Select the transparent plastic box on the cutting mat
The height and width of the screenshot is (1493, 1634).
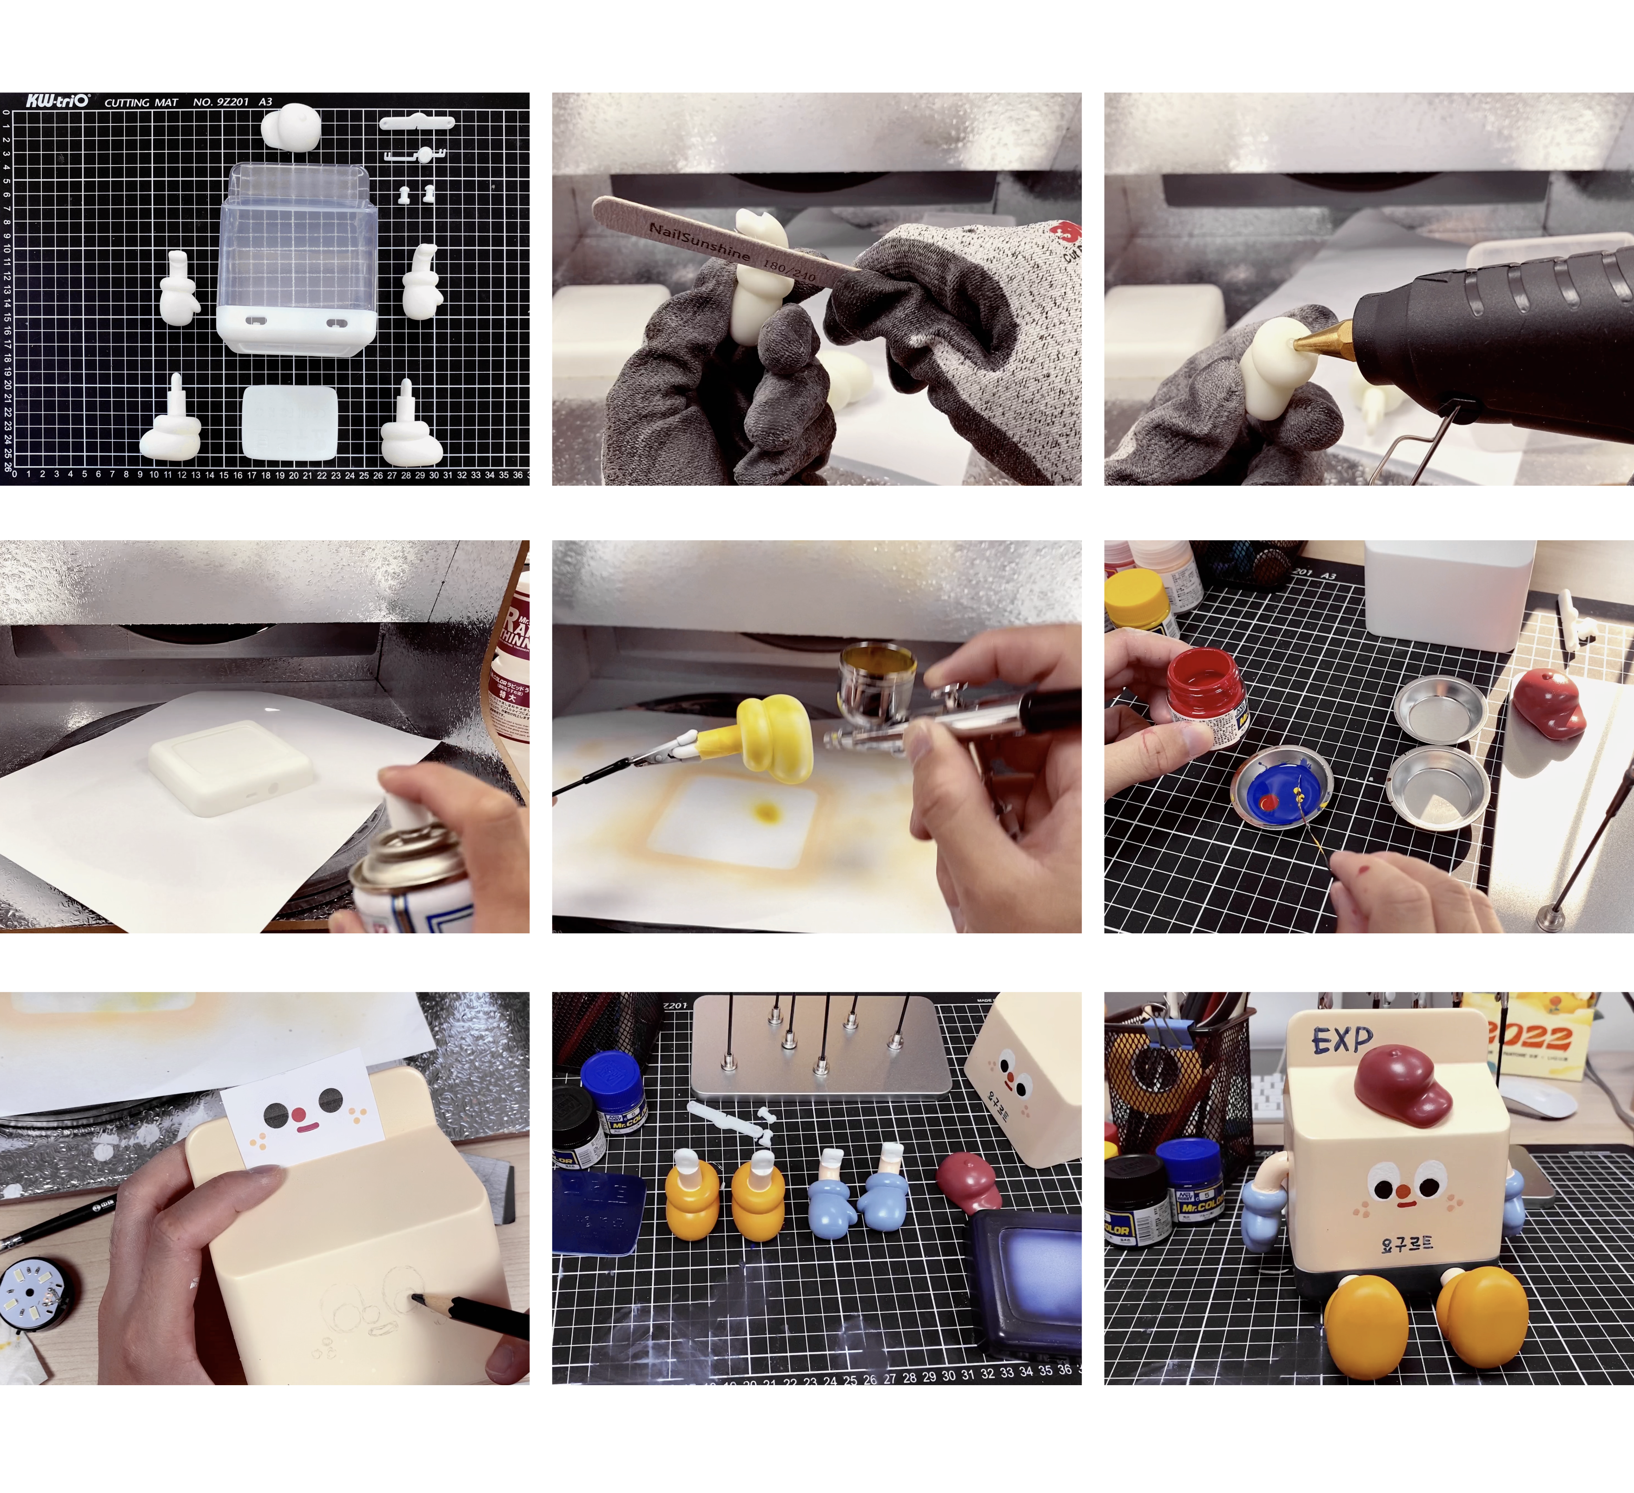pyautogui.click(x=298, y=243)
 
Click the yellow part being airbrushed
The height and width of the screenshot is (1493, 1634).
pyautogui.click(x=774, y=737)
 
